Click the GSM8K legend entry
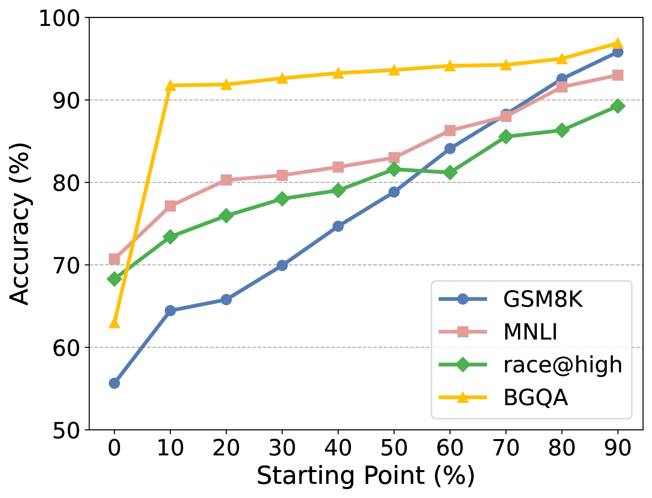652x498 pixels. click(542, 300)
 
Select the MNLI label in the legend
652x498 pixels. click(530, 332)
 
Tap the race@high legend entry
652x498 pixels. click(562, 365)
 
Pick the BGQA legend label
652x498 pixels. click(535, 397)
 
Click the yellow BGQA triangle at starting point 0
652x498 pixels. click(114, 323)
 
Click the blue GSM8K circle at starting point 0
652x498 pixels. click(114, 383)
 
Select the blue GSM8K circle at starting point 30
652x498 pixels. click(282, 265)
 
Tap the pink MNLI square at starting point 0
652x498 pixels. click(114, 259)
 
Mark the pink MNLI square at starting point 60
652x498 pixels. click(450, 130)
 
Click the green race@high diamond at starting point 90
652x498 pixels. click(618, 106)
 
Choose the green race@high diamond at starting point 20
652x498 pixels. click(226, 216)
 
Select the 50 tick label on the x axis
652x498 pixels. click(394, 448)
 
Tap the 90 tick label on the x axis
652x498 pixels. click(618, 448)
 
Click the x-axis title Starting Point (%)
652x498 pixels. click(365, 476)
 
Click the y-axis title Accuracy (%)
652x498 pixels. click(20, 224)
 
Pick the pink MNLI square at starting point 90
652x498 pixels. click(618, 75)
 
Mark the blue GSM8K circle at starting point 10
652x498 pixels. click(170, 311)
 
